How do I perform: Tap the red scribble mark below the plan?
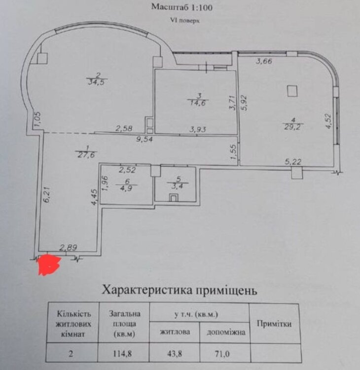click(48, 265)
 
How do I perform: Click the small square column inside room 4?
click(293, 91)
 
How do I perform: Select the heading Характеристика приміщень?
click(179, 290)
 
